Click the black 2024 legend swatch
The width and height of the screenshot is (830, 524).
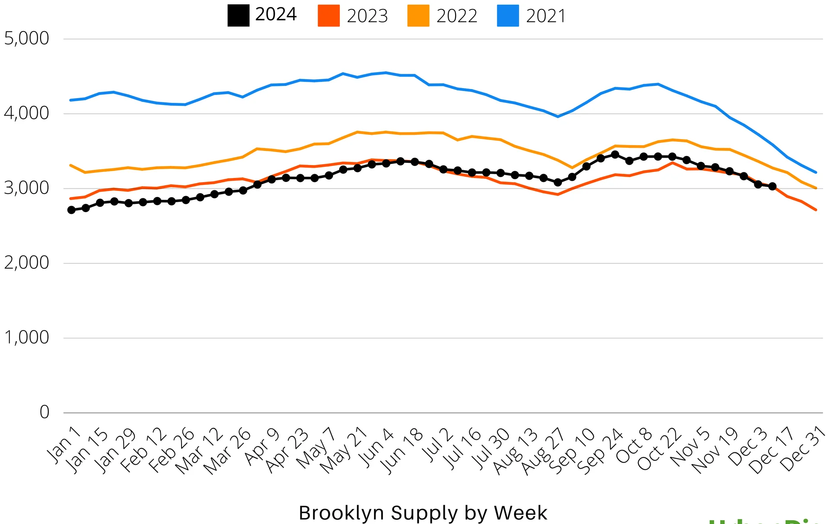tap(238, 16)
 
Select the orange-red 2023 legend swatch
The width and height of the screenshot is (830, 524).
tap(329, 16)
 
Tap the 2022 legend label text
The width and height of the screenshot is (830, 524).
tap(456, 16)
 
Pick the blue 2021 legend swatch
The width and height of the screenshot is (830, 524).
tap(508, 16)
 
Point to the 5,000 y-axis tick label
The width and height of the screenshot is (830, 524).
tap(27, 38)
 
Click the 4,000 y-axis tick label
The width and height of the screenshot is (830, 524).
tap(27, 113)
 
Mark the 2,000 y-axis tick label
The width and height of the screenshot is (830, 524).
tap(27, 263)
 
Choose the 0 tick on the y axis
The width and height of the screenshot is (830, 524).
tap(45, 412)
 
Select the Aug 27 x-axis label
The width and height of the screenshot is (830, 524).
tap(543, 451)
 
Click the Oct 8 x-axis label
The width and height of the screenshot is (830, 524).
tap(634, 446)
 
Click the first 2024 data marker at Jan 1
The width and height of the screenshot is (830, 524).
tap(71, 210)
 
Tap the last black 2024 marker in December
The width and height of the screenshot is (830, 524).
tap(772, 186)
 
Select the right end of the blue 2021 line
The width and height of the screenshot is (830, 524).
tap(816, 172)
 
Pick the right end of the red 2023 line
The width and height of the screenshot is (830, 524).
tap(816, 210)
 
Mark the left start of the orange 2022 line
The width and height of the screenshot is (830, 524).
tap(70, 165)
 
